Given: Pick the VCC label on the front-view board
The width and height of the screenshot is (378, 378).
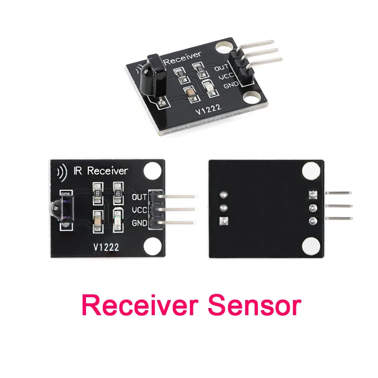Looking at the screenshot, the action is [140, 209].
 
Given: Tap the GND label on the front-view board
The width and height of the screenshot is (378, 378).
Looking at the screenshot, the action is [140, 223].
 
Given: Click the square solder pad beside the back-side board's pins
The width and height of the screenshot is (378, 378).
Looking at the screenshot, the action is [311, 194].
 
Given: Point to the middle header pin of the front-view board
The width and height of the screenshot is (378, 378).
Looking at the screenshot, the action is [175, 209].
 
